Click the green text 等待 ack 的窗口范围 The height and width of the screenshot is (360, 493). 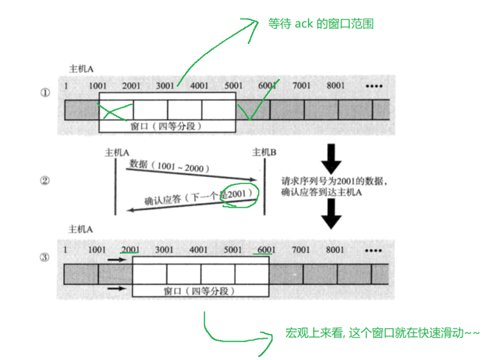click(320, 24)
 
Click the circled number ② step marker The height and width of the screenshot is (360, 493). click(45, 180)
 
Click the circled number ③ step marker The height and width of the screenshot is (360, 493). click(45, 258)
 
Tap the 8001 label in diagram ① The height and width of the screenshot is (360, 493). click(336, 86)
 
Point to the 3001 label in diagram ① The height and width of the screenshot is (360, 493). click(165, 86)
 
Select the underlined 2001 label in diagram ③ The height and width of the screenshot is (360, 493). click(130, 249)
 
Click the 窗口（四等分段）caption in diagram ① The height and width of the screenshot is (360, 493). click(167, 126)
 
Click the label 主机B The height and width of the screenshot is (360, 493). click(265, 152)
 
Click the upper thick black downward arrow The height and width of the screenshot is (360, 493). click(329, 157)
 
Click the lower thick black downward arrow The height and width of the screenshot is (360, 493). click(329, 216)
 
